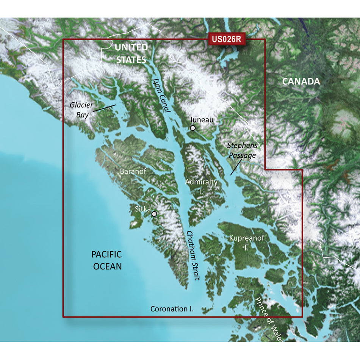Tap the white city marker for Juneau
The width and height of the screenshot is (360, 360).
(193, 128)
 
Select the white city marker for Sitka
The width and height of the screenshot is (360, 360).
(154, 214)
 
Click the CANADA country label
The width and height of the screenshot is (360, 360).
(301, 81)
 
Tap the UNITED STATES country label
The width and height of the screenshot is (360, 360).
(131, 53)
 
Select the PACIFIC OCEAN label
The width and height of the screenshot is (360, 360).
(106, 260)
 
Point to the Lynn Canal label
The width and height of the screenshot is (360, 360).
(161, 97)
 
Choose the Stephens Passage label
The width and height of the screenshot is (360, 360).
(242, 150)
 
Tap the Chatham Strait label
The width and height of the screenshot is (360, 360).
(193, 255)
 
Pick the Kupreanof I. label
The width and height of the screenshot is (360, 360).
(246, 243)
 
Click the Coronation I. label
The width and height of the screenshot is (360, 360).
(172, 309)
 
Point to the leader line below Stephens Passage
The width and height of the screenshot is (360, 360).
(235, 167)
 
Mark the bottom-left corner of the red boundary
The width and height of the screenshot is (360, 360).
(63, 316)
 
